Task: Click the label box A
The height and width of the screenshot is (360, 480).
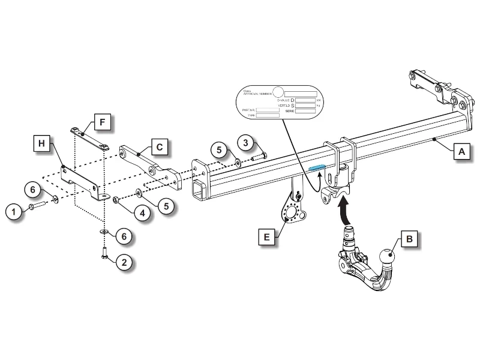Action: pyautogui.click(x=461, y=152)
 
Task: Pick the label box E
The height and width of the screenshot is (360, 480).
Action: pyautogui.click(x=267, y=237)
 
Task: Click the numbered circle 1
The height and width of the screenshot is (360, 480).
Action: pyautogui.click(x=12, y=210)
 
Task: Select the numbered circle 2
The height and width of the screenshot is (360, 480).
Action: pyautogui.click(x=124, y=262)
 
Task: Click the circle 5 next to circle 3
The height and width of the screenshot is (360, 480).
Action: pyautogui.click(x=220, y=149)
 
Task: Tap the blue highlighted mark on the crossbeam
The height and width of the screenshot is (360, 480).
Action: pyautogui.click(x=317, y=169)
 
